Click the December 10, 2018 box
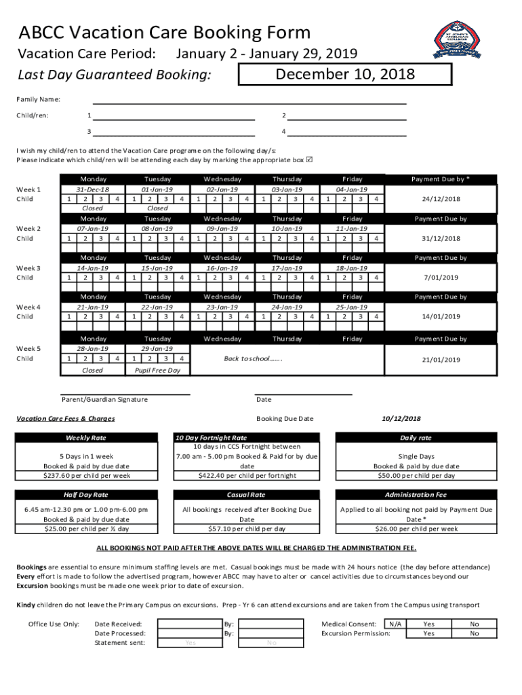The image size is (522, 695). point(344,74)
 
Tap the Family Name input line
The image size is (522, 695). point(249,100)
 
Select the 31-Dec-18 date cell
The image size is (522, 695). point(92,189)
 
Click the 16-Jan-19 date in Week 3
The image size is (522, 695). point(222,268)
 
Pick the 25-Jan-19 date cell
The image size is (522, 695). point(352,307)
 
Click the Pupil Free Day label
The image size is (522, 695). point(157,371)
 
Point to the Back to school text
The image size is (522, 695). point(252,358)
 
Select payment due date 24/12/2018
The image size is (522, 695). point(442,199)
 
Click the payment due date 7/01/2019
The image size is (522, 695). point(442,278)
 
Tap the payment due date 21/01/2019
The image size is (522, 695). point(442,360)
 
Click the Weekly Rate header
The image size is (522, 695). point(85,438)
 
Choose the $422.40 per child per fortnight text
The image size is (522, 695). point(247,476)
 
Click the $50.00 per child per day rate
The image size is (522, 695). point(416,476)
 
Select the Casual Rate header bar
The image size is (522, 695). point(247,495)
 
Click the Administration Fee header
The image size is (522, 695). point(416,495)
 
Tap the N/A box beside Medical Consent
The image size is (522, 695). point(394,624)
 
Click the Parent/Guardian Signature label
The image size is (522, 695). point(104,400)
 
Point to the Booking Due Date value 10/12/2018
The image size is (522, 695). point(401,419)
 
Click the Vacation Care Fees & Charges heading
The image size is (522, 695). point(66,419)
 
